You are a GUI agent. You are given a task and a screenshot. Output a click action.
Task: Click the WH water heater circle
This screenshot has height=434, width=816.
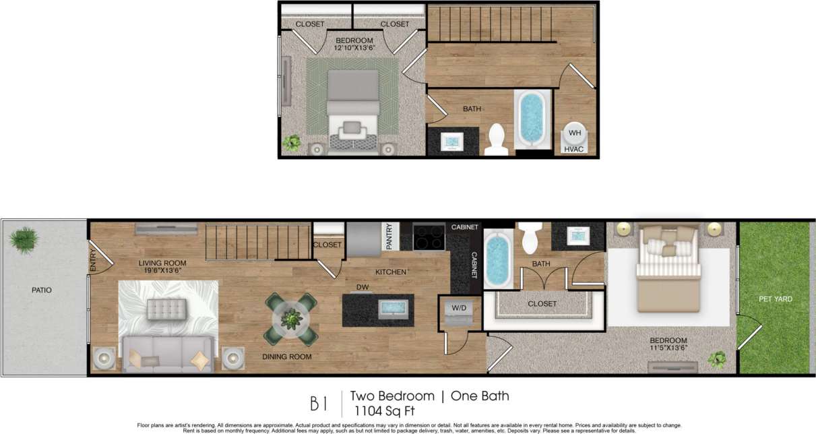[574, 132]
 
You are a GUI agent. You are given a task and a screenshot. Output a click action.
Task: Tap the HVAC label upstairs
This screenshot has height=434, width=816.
[574, 149]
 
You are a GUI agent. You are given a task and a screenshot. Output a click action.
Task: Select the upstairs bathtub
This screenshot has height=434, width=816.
[532, 119]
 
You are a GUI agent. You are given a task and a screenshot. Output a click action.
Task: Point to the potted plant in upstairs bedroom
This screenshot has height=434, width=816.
[292, 142]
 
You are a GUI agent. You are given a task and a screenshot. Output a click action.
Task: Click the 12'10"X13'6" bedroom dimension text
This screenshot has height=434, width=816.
[354, 49]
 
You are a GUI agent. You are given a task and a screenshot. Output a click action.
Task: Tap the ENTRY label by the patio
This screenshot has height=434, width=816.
[93, 261]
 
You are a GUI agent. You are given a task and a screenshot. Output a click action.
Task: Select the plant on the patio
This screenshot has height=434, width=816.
[25, 239]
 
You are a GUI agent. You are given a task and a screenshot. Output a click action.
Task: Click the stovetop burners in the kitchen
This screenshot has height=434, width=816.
[429, 238]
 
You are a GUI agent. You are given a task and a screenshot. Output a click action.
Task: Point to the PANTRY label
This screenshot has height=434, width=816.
[389, 237]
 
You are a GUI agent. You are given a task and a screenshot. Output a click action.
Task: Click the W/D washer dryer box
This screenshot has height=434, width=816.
[458, 311]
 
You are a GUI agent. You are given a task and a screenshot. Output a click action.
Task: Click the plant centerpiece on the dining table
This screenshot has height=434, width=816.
[291, 317]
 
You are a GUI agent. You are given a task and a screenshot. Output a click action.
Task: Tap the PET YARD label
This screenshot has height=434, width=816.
[775, 299]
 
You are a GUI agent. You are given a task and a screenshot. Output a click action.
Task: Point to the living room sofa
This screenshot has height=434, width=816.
[166, 352]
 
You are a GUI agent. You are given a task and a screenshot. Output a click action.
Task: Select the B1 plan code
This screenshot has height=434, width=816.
[319, 404]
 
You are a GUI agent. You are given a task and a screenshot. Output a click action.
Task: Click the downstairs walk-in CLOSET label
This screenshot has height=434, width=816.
[542, 304]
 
